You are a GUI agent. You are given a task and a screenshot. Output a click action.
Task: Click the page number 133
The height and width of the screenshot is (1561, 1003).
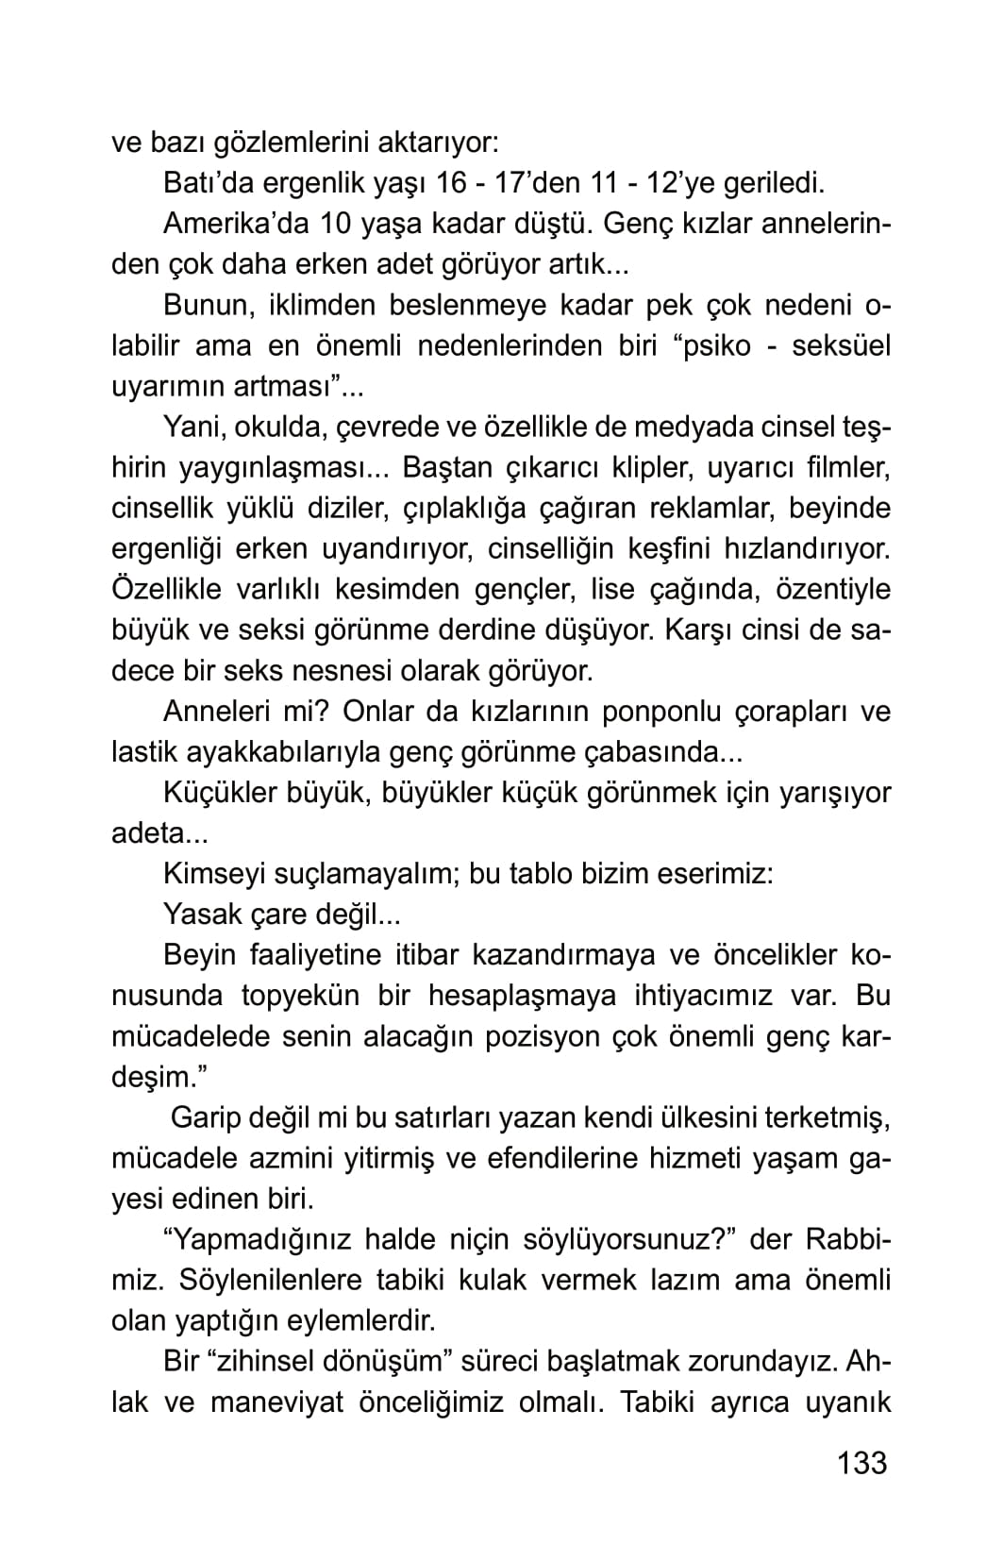pyautogui.click(x=861, y=1462)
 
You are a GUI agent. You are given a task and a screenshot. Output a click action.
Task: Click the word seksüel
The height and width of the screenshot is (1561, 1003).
pyautogui.click(x=841, y=345)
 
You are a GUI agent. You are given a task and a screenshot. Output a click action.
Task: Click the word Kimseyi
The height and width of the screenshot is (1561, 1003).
pyautogui.click(x=213, y=873)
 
